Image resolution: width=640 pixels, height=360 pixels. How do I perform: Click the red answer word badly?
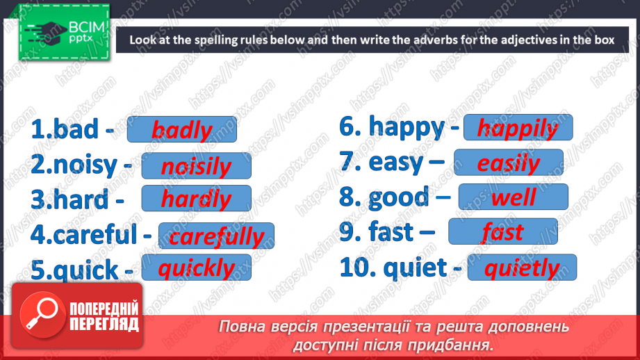[182, 130]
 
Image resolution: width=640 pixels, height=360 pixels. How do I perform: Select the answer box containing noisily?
[197, 165]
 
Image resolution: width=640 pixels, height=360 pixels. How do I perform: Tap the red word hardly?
[197, 199]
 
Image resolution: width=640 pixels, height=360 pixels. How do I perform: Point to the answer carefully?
[216, 236]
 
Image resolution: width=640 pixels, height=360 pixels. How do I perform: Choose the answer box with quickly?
[197, 268]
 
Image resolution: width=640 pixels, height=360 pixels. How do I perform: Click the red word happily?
[518, 129]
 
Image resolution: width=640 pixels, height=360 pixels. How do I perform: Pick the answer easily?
[509, 163]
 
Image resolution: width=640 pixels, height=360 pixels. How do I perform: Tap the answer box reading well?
[514, 197]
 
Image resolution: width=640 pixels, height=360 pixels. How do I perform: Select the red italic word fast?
[503, 232]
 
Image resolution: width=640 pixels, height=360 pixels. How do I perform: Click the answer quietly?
[522, 268]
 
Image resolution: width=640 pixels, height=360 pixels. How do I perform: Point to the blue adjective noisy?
[85, 165]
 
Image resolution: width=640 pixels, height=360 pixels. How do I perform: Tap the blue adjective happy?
[407, 127]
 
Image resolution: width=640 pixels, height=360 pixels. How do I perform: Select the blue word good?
[398, 197]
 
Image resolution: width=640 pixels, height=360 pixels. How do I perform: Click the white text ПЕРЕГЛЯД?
[104, 325]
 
